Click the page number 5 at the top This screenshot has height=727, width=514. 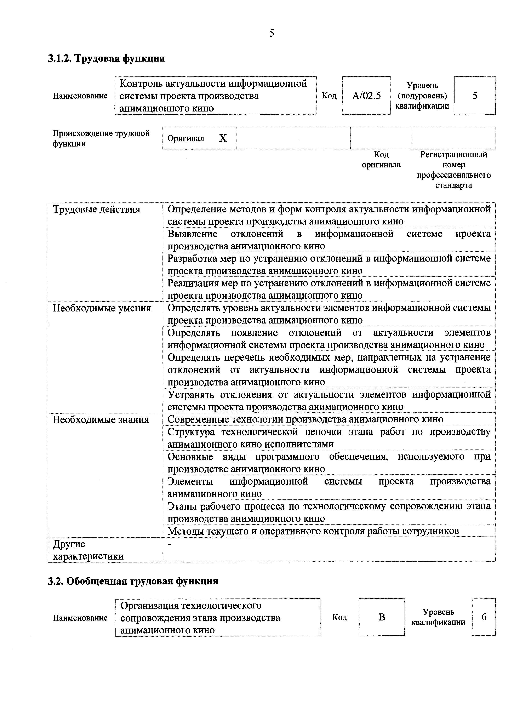[x=272, y=33]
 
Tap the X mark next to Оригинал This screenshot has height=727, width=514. [x=223, y=138]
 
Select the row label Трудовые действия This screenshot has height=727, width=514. [x=96, y=210]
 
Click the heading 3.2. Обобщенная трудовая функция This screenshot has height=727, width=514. [x=133, y=581]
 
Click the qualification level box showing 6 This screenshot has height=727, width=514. [x=484, y=617]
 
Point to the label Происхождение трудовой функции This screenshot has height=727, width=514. [x=101, y=138]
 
